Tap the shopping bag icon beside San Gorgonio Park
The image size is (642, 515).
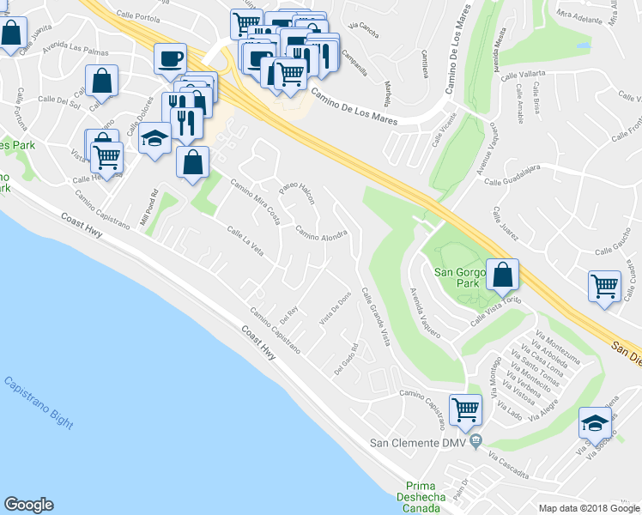[503, 275]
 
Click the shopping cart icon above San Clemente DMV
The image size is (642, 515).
[465, 409]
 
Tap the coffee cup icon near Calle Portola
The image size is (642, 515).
[169, 59]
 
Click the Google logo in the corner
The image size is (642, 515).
[28, 505]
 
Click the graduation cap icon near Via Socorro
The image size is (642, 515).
[595, 421]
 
